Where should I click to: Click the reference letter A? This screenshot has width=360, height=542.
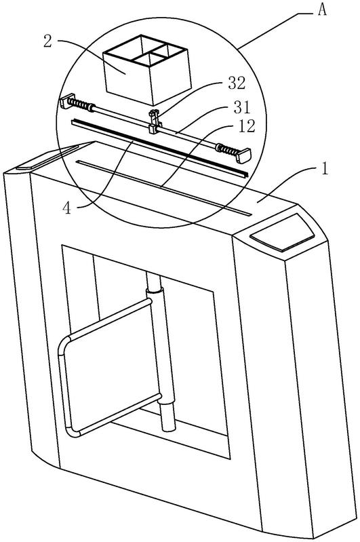pos(322,9)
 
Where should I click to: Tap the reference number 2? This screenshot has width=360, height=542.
pos(47,41)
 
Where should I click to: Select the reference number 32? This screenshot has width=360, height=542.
pos(237,83)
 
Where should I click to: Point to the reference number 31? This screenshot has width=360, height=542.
pos(241,107)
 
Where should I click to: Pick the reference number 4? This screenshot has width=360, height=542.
pos(67,208)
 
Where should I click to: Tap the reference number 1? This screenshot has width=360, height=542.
pos(325,170)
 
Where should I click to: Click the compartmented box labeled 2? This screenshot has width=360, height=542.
pos(147,69)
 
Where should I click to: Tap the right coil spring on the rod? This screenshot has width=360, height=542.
pos(227,150)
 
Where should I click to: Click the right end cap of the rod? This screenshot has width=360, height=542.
pos(244,155)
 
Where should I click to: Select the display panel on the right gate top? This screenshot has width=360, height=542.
pos(282,233)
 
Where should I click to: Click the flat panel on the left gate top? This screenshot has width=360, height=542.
pos(47,157)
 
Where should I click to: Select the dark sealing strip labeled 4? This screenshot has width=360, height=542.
pos(159,148)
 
